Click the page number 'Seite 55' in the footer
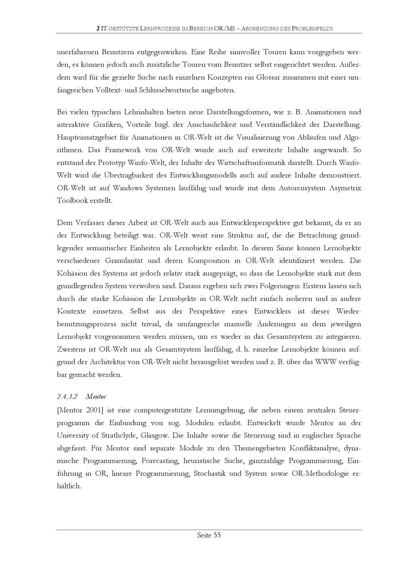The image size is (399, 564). click(x=209, y=535)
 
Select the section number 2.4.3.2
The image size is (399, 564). click(x=67, y=397)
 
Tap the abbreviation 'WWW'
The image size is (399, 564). click(x=326, y=362)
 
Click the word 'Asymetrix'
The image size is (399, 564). click(x=345, y=188)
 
